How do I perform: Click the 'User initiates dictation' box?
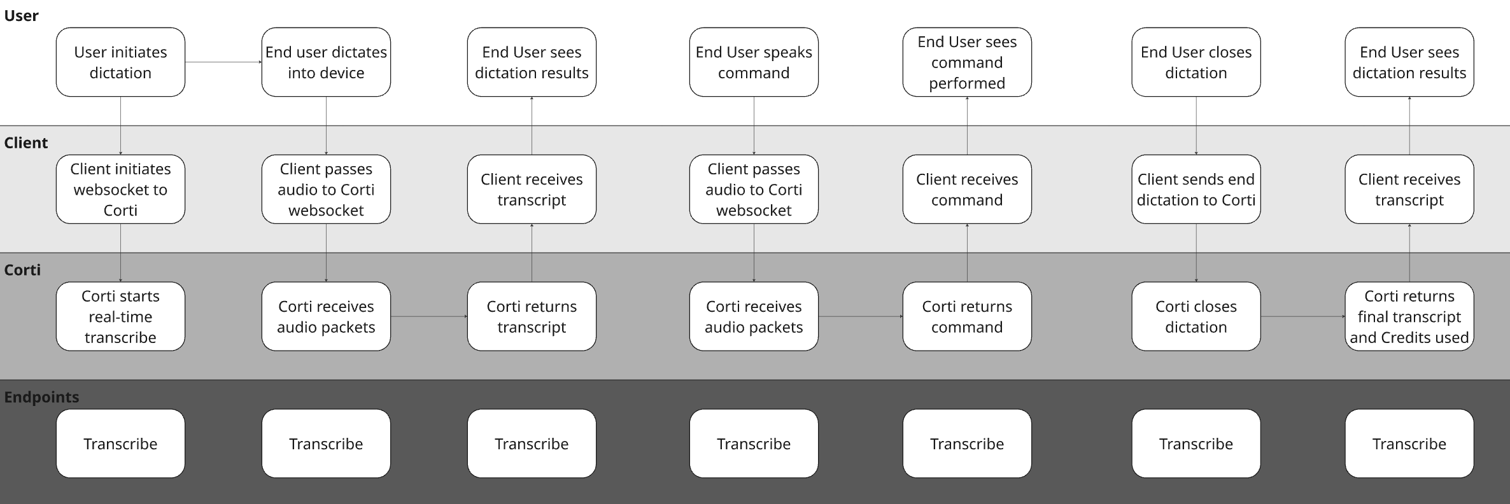click(120, 62)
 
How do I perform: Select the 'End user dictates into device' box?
click(326, 62)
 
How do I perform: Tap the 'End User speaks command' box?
click(754, 62)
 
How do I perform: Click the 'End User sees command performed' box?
click(967, 62)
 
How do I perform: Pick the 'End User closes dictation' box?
click(1196, 62)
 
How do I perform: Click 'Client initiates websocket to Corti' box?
click(120, 189)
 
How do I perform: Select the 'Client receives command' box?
click(967, 189)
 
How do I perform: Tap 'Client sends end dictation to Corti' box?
click(1196, 189)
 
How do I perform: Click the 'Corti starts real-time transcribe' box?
click(120, 316)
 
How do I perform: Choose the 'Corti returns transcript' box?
click(532, 316)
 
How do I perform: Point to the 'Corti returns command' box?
click(967, 316)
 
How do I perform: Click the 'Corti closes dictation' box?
click(1196, 316)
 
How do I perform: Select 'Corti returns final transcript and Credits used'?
click(1409, 316)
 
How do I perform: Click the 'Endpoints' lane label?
click(42, 397)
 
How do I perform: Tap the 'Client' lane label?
click(26, 143)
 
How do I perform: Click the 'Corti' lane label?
click(22, 270)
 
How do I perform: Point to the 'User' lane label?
click(21, 15)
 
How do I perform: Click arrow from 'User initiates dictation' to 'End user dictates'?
click(223, 62)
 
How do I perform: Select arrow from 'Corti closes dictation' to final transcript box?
click(1302, 316)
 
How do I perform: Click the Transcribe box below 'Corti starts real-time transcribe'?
click(120, 444)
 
